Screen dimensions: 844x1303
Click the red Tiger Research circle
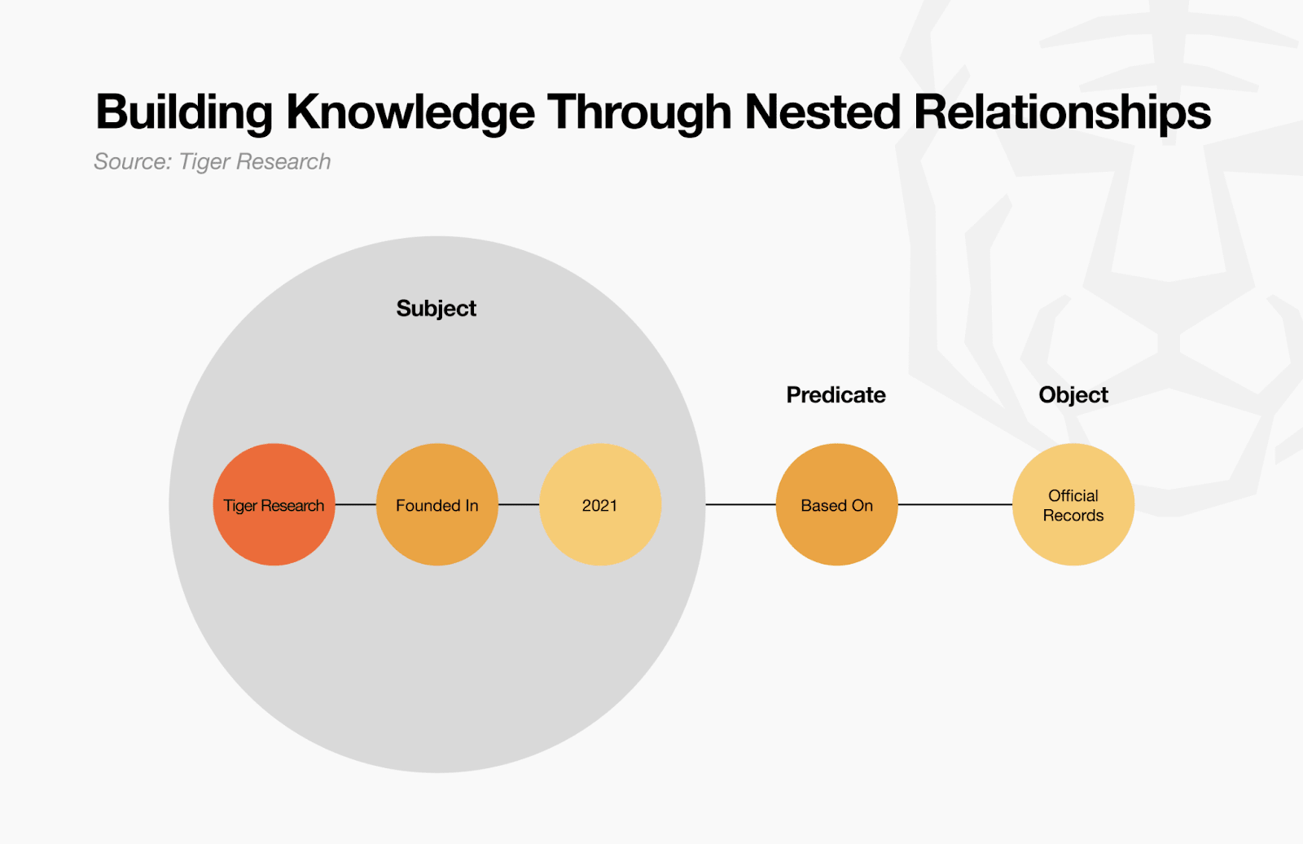(274, 504)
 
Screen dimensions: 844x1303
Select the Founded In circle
(437, 504)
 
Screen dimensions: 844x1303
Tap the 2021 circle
(600, 504)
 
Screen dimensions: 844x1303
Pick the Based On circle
(836, 504)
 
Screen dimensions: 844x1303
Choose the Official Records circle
(1073, 504)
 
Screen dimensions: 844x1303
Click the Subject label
(436, 308)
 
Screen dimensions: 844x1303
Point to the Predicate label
(836, 395)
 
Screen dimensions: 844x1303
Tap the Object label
(1073, 395)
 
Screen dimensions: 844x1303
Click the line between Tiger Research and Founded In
(356, 504)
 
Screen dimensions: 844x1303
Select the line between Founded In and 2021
(519, 504)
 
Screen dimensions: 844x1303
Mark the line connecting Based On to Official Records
(955, 504)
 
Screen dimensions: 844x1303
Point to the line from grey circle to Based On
(740, 504)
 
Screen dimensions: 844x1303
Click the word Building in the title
(184, 112)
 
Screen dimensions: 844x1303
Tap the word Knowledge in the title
(410, 112)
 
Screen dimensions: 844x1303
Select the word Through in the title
(639, 112)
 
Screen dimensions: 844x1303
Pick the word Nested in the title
(823, 112)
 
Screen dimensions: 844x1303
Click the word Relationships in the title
(1062, 112)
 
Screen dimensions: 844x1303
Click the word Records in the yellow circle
(1073, 516)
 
